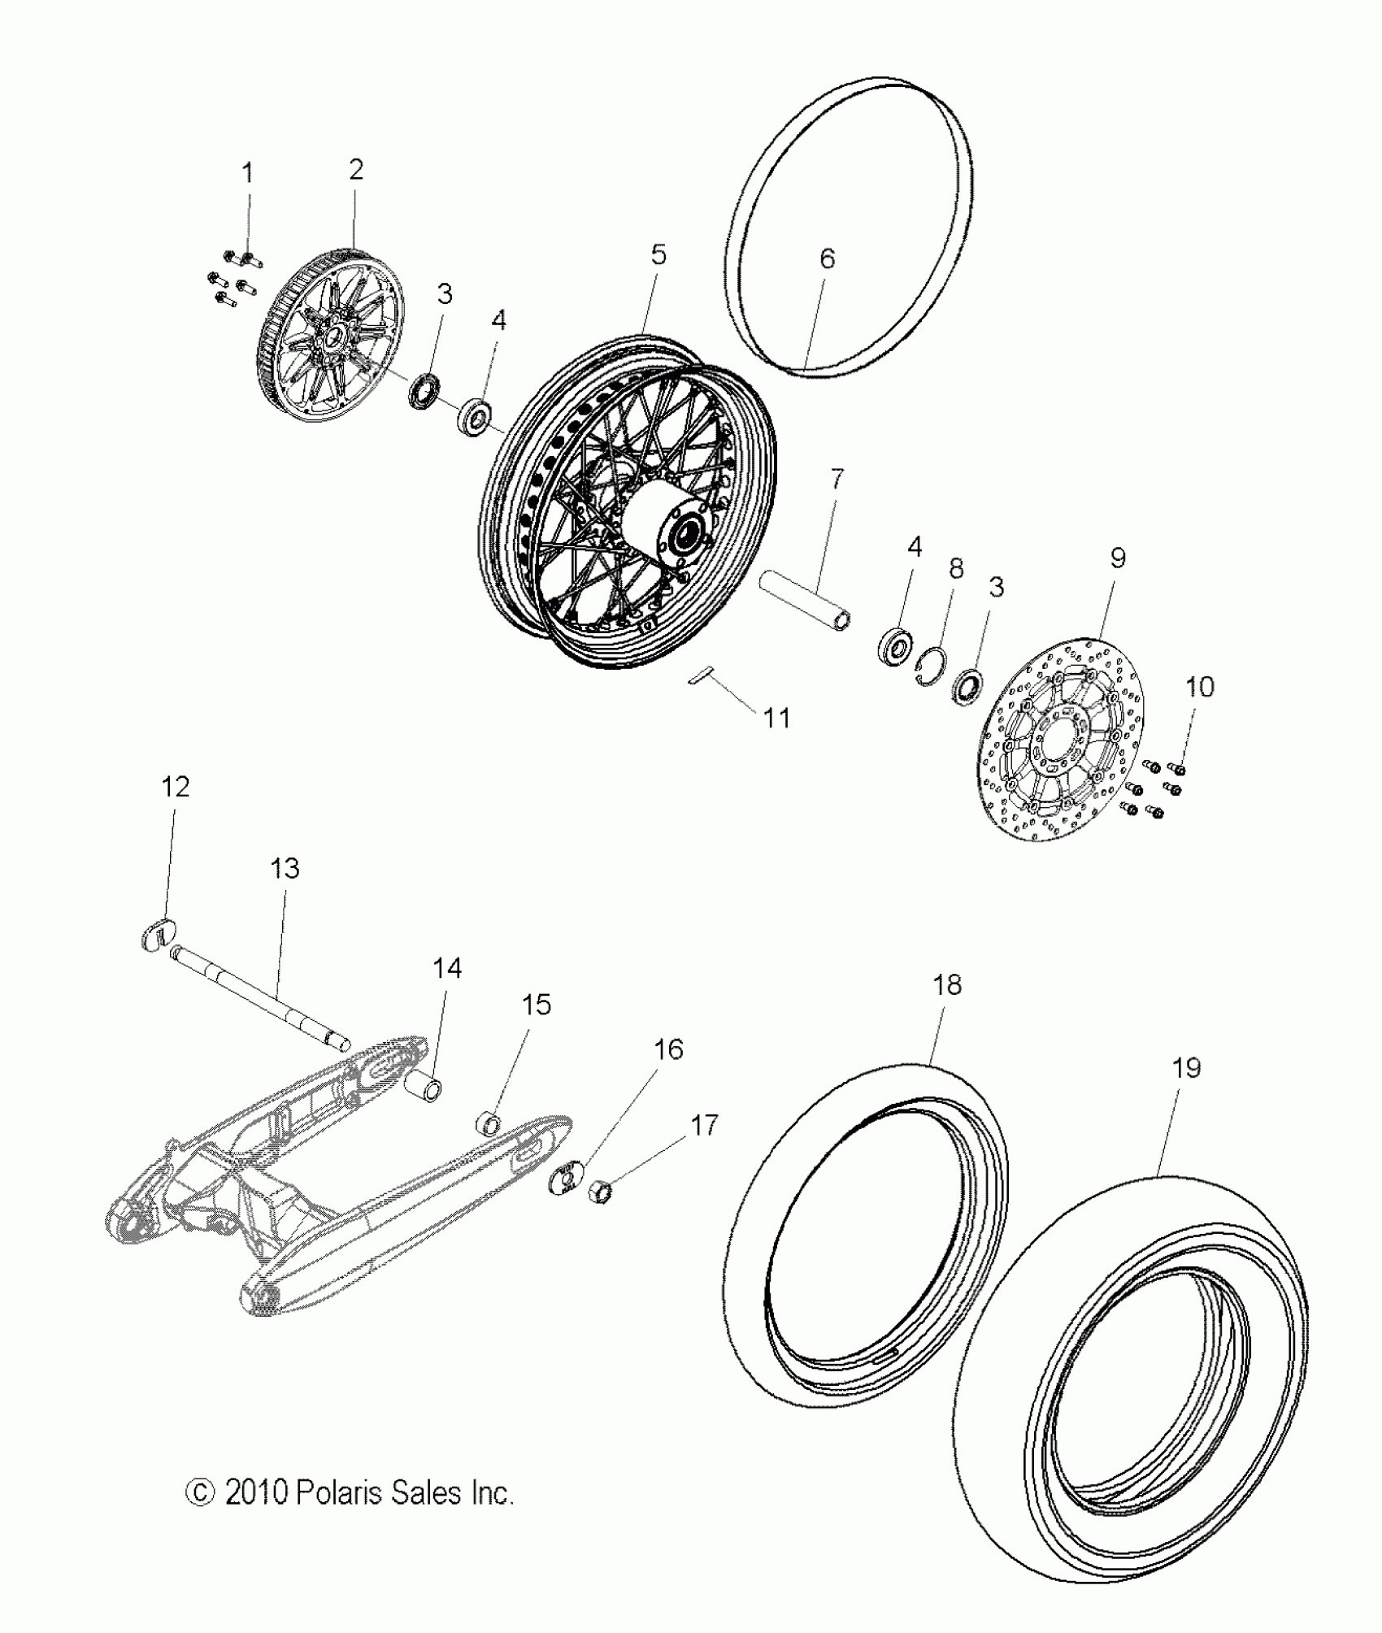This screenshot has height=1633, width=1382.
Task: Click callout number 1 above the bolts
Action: [x=248, y=173]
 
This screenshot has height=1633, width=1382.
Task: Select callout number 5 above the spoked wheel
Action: [x=658, y=254]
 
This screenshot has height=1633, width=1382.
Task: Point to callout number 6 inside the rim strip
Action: [x=827, y=259]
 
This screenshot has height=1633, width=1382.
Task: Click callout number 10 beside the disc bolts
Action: [x=1200, y=688]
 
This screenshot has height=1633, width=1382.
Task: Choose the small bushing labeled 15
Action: [x=488, y=1127]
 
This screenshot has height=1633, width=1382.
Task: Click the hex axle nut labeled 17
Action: [x=600, y=1192]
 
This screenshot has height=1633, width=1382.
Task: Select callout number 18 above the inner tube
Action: [x=947, y=984]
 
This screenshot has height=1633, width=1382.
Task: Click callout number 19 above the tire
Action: [x=1187, y=1067]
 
